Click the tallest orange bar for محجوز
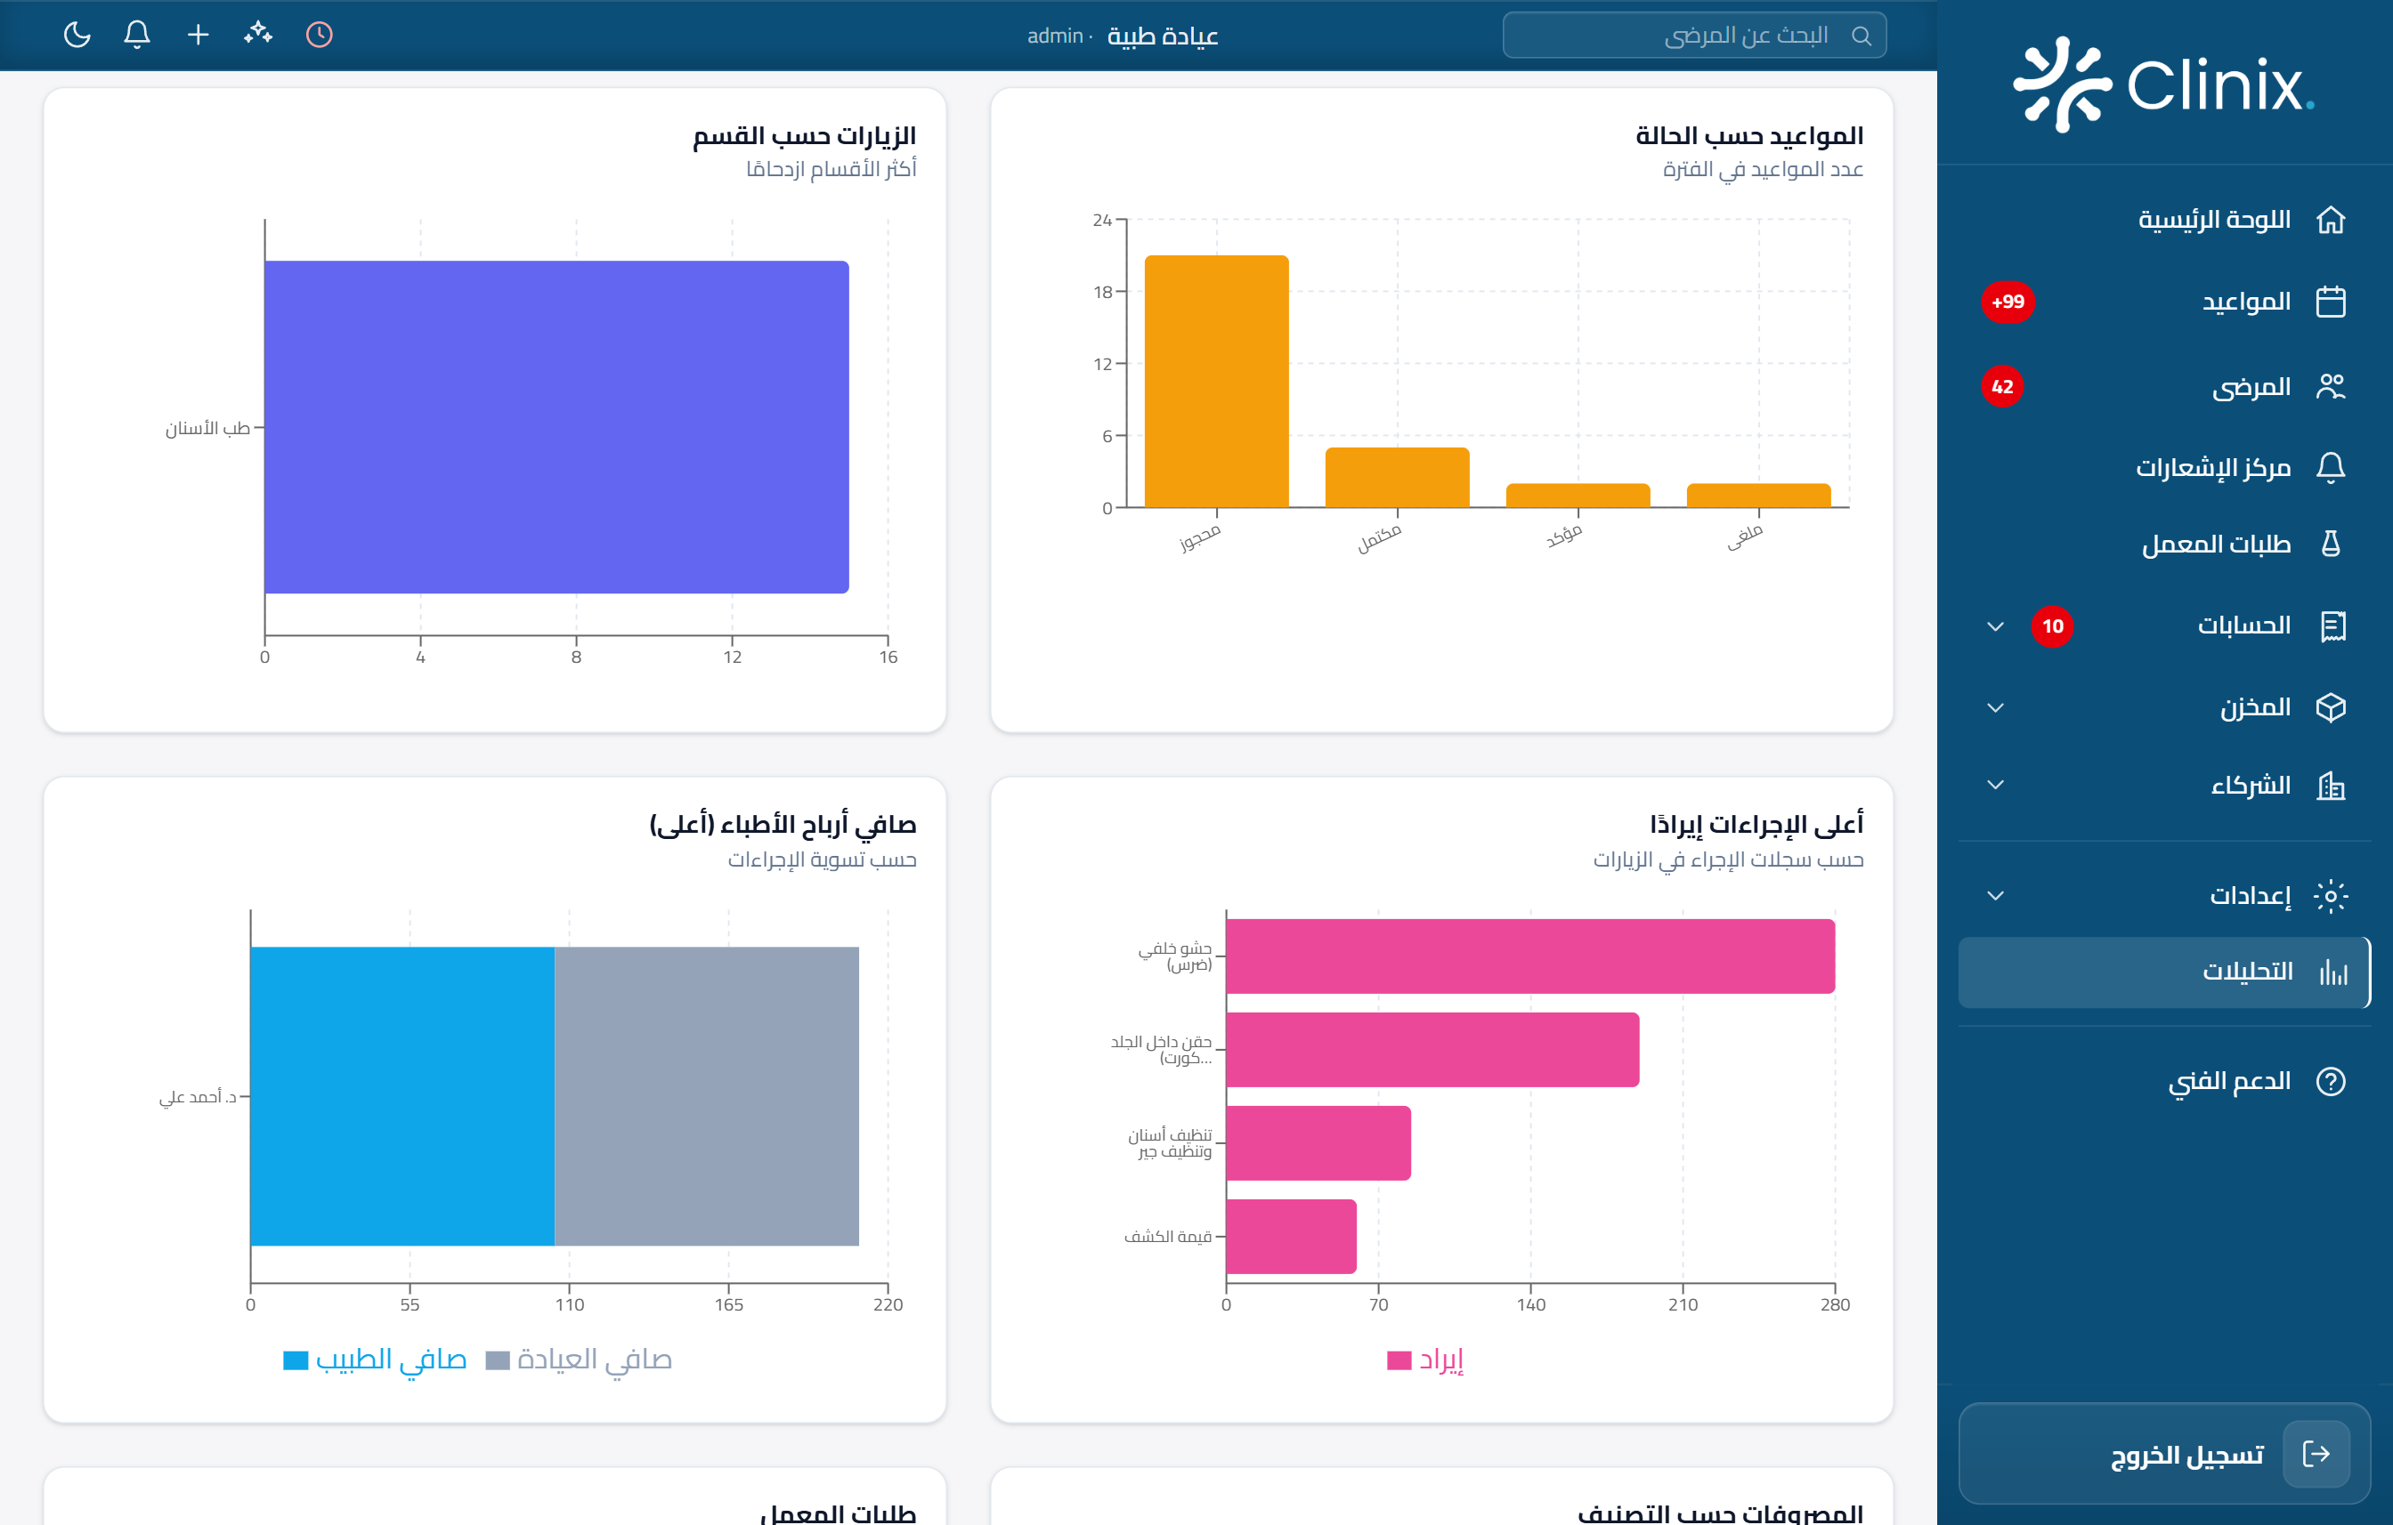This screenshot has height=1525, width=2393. [1216, 382]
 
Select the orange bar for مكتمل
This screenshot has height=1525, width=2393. [1396, 478]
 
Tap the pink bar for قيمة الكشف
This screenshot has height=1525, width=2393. [1291, 1236]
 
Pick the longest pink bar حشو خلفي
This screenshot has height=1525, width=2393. [1529, 956]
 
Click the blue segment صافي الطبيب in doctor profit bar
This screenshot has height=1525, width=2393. [402, 1096]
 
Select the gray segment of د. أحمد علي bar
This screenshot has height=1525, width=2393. [707, 1096]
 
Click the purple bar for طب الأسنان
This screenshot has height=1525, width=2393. [556, 427]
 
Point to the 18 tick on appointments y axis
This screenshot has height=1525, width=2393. [1103, 292]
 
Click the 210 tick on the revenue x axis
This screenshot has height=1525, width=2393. [1683, 1304]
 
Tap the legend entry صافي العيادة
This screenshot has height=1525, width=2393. [580, 1360]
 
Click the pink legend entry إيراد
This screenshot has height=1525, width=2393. [1425, 1360]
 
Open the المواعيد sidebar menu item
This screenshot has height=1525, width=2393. [2245, 302]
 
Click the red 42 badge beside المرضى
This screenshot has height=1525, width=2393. [2001, 386]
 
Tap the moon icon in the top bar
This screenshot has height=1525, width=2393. [77, 35]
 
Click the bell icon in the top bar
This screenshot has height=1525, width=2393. [137, 35]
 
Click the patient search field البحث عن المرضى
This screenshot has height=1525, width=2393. [1693, 36]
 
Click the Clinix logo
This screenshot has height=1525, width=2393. [2163, 85]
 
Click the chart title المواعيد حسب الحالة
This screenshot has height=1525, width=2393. [1748, 135]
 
